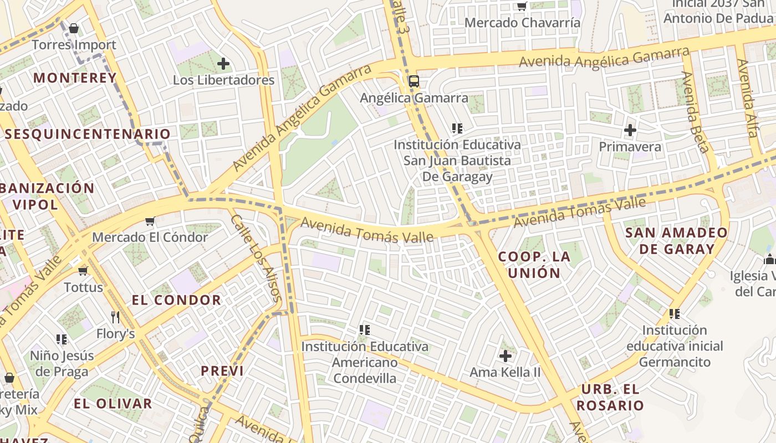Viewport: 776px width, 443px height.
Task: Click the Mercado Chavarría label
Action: (522, 23)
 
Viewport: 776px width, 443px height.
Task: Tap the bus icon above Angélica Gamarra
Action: (413, 81)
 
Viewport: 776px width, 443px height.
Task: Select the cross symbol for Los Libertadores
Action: (223, 64)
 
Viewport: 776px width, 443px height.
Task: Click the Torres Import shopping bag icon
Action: (74, 28)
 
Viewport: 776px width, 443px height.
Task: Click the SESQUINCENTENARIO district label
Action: (88, 134)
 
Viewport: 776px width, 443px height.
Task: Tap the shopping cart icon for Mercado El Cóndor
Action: (150, 221)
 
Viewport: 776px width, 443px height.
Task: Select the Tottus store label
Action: (84, 287)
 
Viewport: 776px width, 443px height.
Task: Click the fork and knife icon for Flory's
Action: (115, 317)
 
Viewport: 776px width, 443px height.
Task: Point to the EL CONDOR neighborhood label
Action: (176, 301)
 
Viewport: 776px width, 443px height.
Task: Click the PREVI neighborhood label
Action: (222, 371)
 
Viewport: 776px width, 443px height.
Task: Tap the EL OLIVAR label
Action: (113, 404)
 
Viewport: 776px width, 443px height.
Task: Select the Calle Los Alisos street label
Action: (257, 257)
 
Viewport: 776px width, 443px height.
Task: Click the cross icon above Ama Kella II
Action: (505, 356)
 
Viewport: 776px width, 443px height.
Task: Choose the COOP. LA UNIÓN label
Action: (534, 265)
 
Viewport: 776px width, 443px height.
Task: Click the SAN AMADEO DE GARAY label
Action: (676, 241)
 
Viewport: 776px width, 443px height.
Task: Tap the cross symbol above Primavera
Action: (630, 131)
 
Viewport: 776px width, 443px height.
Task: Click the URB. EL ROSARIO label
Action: (610, 397)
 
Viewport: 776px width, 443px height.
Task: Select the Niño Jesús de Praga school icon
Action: (62, 339)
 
